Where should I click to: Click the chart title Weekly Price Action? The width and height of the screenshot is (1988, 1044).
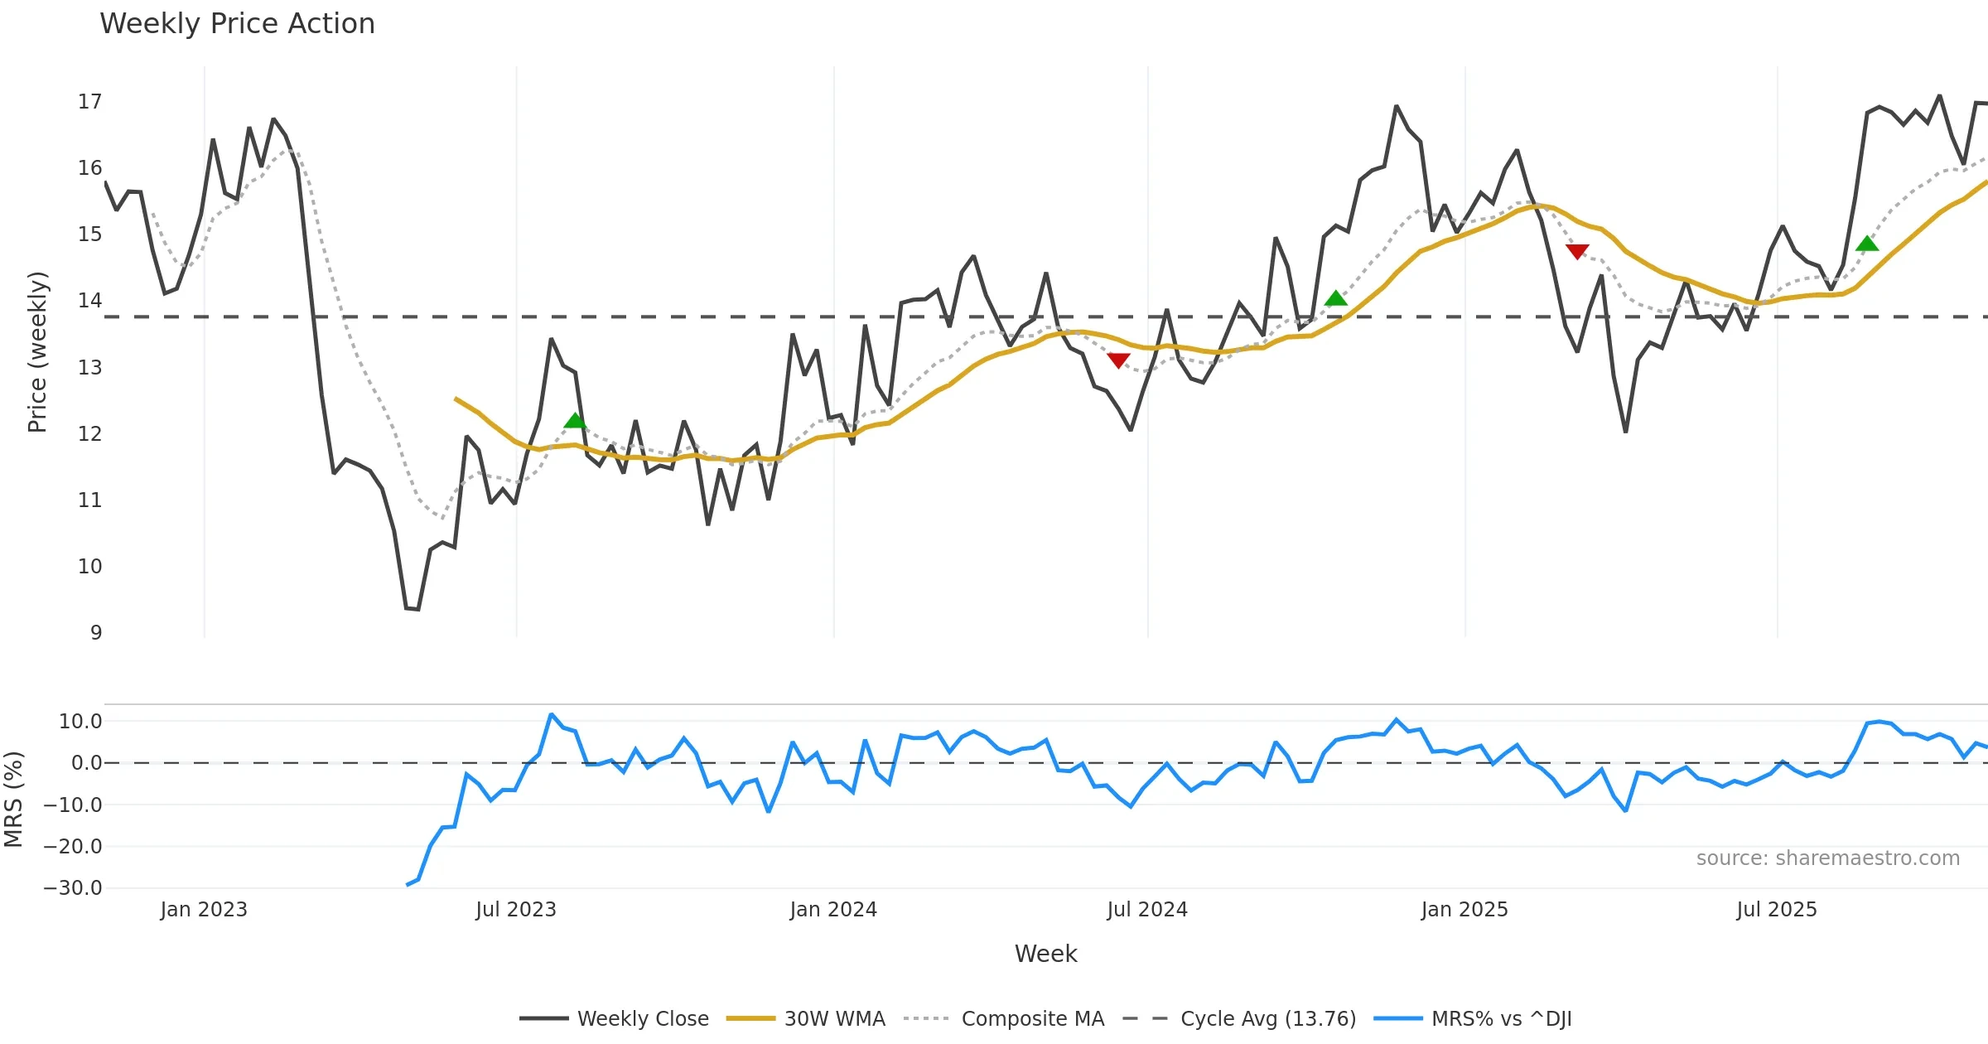237,24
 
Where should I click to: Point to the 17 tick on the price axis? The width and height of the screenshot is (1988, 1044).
90,102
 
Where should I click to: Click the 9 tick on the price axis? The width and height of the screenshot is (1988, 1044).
96,633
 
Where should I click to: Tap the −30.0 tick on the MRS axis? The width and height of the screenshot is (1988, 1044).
73,888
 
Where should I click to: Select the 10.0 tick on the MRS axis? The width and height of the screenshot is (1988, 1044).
80,722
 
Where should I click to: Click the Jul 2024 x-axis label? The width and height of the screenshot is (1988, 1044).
1147,910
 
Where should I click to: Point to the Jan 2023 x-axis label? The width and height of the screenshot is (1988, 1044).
204,910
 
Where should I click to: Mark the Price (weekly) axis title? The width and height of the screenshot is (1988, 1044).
37,352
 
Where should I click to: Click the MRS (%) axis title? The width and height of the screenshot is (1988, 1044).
13,800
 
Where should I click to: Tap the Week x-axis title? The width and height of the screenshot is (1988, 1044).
1045,955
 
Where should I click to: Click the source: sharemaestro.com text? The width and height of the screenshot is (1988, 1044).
1827,858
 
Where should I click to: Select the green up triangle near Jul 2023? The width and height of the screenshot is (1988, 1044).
575,421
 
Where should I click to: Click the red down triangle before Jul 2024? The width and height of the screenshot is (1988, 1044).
1118,360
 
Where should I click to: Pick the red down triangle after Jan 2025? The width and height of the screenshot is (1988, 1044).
1577,251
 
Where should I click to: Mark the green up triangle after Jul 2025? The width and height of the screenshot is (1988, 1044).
1867,244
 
